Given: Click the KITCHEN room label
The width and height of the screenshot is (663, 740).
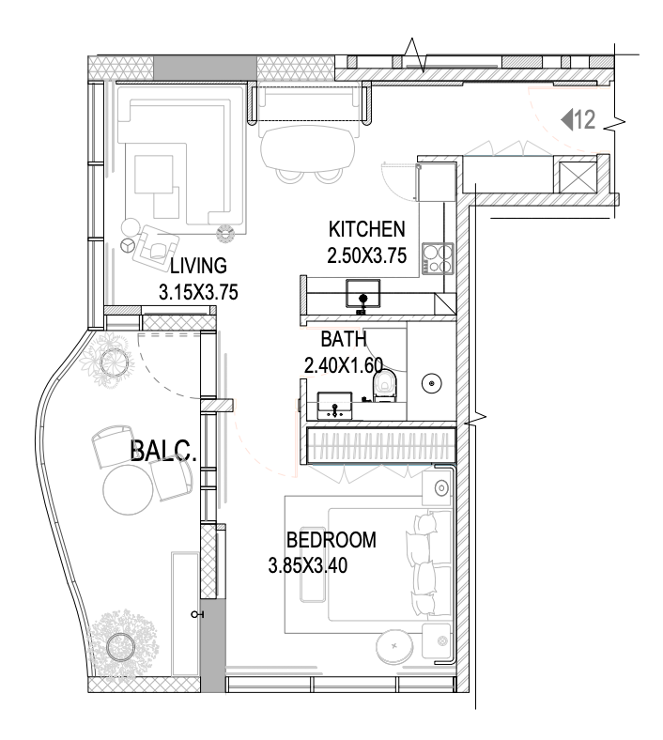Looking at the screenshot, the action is (x=366, y=229).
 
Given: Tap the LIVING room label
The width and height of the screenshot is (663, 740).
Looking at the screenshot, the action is (x=198, y=266).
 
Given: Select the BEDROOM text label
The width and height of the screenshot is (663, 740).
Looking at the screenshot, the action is (x=331, y=540).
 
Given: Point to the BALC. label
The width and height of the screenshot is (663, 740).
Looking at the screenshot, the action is (x=162, y=450).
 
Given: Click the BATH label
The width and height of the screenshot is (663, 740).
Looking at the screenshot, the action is (x=344, y=339).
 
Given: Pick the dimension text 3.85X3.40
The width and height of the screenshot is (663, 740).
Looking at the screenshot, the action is (x=308, y=565).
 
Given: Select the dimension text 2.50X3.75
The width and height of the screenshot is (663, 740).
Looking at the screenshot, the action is (x=366, y=255).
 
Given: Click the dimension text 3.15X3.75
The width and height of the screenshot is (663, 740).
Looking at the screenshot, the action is (x=198, y=292).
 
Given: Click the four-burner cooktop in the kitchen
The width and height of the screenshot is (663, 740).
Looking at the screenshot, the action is (x=438, y=258).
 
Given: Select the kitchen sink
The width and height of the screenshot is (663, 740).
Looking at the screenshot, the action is (x=362, y=294).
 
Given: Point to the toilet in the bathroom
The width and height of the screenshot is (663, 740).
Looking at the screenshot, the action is (x=385, y=385).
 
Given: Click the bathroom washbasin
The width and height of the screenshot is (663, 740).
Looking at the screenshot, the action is (x=334, y=405).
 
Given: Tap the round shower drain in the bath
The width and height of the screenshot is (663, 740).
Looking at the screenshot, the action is (x=431, y=383).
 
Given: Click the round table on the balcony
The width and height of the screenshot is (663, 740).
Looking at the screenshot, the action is (x=128, y=489).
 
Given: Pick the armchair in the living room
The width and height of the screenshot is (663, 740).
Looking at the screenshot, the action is (x=156, y=244).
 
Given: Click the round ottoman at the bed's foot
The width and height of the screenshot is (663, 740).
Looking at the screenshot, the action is (x=394, y=645).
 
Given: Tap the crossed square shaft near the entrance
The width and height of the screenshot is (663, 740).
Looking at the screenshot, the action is (x=578, y=177).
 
